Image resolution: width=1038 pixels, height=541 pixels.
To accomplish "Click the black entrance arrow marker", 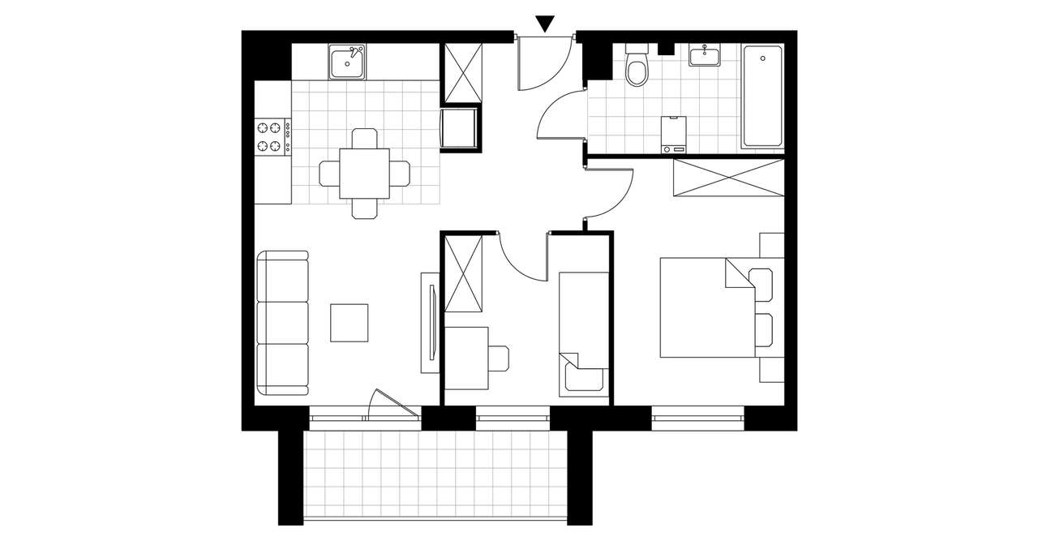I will pyautogui.click(x=546, y=24).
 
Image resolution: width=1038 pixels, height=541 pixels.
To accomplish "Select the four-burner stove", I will pyautogui.click(x=273, y=137).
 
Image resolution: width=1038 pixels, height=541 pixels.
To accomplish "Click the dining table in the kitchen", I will pyautogui.click(x=364, y=173).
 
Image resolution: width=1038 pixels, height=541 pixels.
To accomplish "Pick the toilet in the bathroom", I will pyautogui.click(x=637, y=68).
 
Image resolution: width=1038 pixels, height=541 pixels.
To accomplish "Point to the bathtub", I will pyautogui.click(x=762, y=97).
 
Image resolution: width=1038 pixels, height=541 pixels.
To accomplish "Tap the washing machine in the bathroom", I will pyautogui.click(x=673, y=134).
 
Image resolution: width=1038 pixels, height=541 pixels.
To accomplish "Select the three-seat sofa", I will pyautogui.click(x=283, y=323).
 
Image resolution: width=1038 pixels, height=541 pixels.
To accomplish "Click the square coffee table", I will pyautogui.click(x=350, y=322).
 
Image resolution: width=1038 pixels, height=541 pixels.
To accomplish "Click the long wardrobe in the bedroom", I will pyautogui.click(x=728, y=178).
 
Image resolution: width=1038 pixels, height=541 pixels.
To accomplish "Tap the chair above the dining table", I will pyautogui.click(x=364, y=138).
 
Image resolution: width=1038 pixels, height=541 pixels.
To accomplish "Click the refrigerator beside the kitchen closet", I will pyautogui.click(x=460, y=129).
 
